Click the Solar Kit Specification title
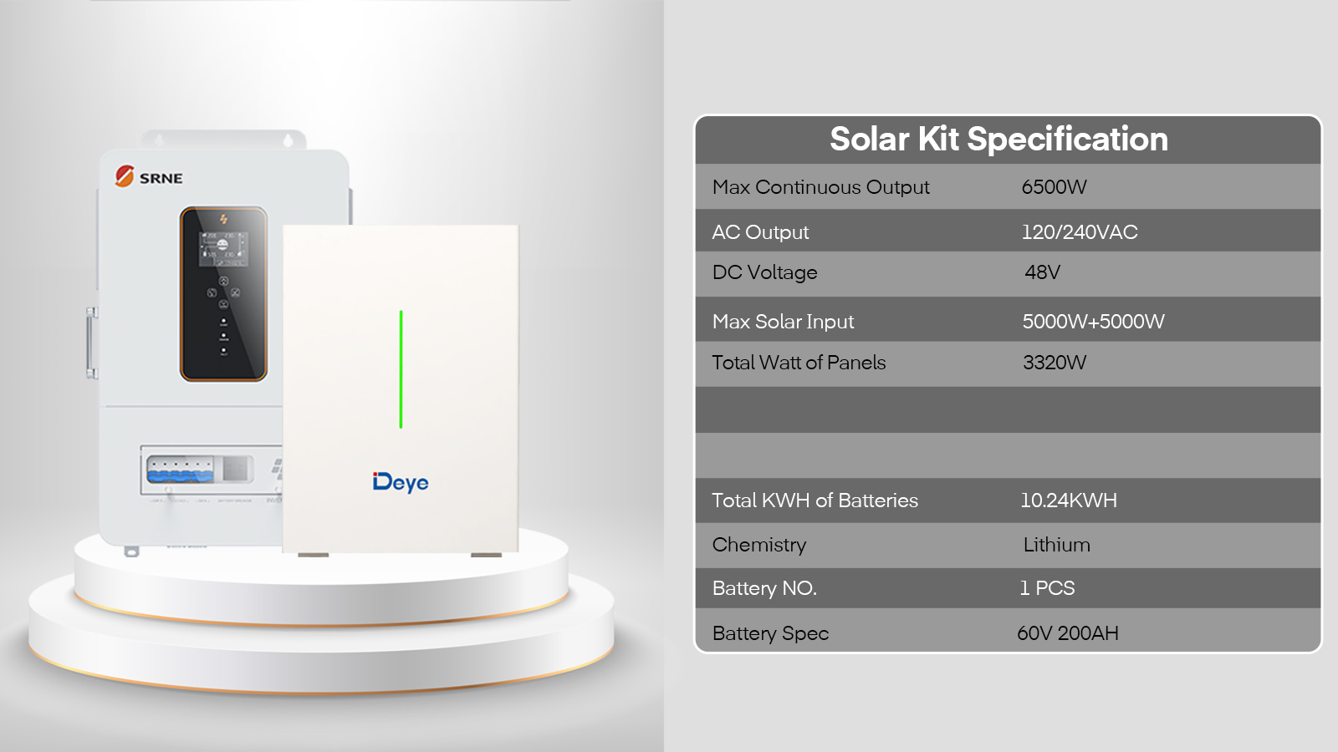(998, 140)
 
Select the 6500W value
(1054, 187)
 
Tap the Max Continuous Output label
(820, 187)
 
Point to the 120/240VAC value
(1080, 232)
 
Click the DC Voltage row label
(764, 272)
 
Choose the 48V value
(1042, 272)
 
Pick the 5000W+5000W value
(1093, 322)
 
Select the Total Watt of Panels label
(799, 363)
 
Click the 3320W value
(1055, 363)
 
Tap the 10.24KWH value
(1069, 500)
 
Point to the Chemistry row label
(759, 545)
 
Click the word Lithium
(1057, 545)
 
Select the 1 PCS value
(1047, 588)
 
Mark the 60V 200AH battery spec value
(1068, 633)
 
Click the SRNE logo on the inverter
(149, 176)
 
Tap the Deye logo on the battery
(401, 482)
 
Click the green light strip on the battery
(401, 368)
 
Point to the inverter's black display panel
(223, 293)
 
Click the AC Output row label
(760, 232)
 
